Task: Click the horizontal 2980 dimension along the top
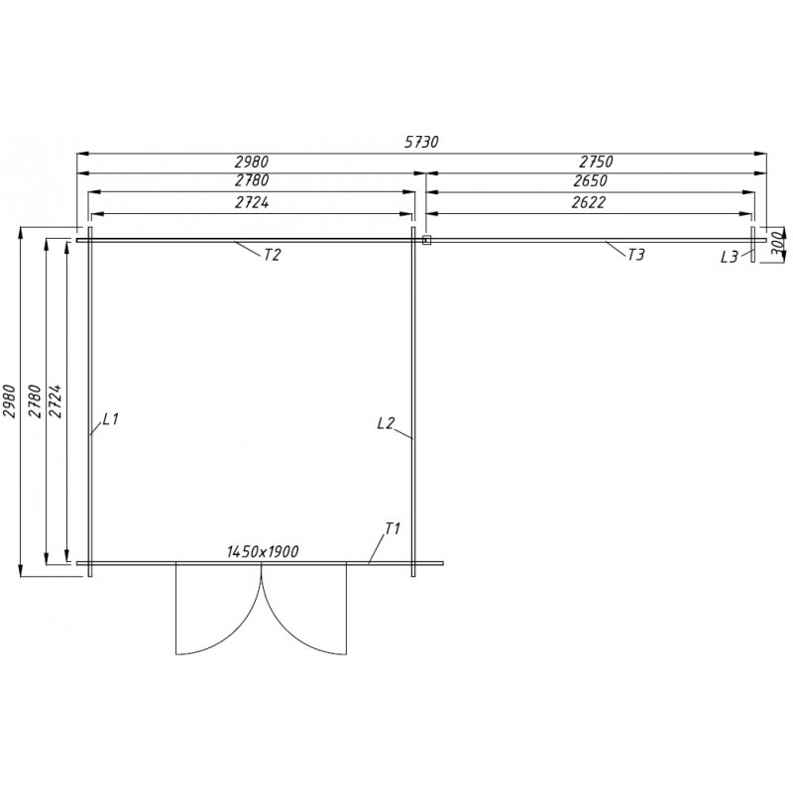pos(251,161)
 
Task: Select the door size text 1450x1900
pos(263,551)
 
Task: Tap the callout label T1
pos(392,528)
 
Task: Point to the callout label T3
pos(636,255)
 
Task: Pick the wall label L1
pos(109,419)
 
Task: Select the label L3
pos(730,257)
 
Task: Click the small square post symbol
pos(426,239)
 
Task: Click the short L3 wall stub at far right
pos(753,246)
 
